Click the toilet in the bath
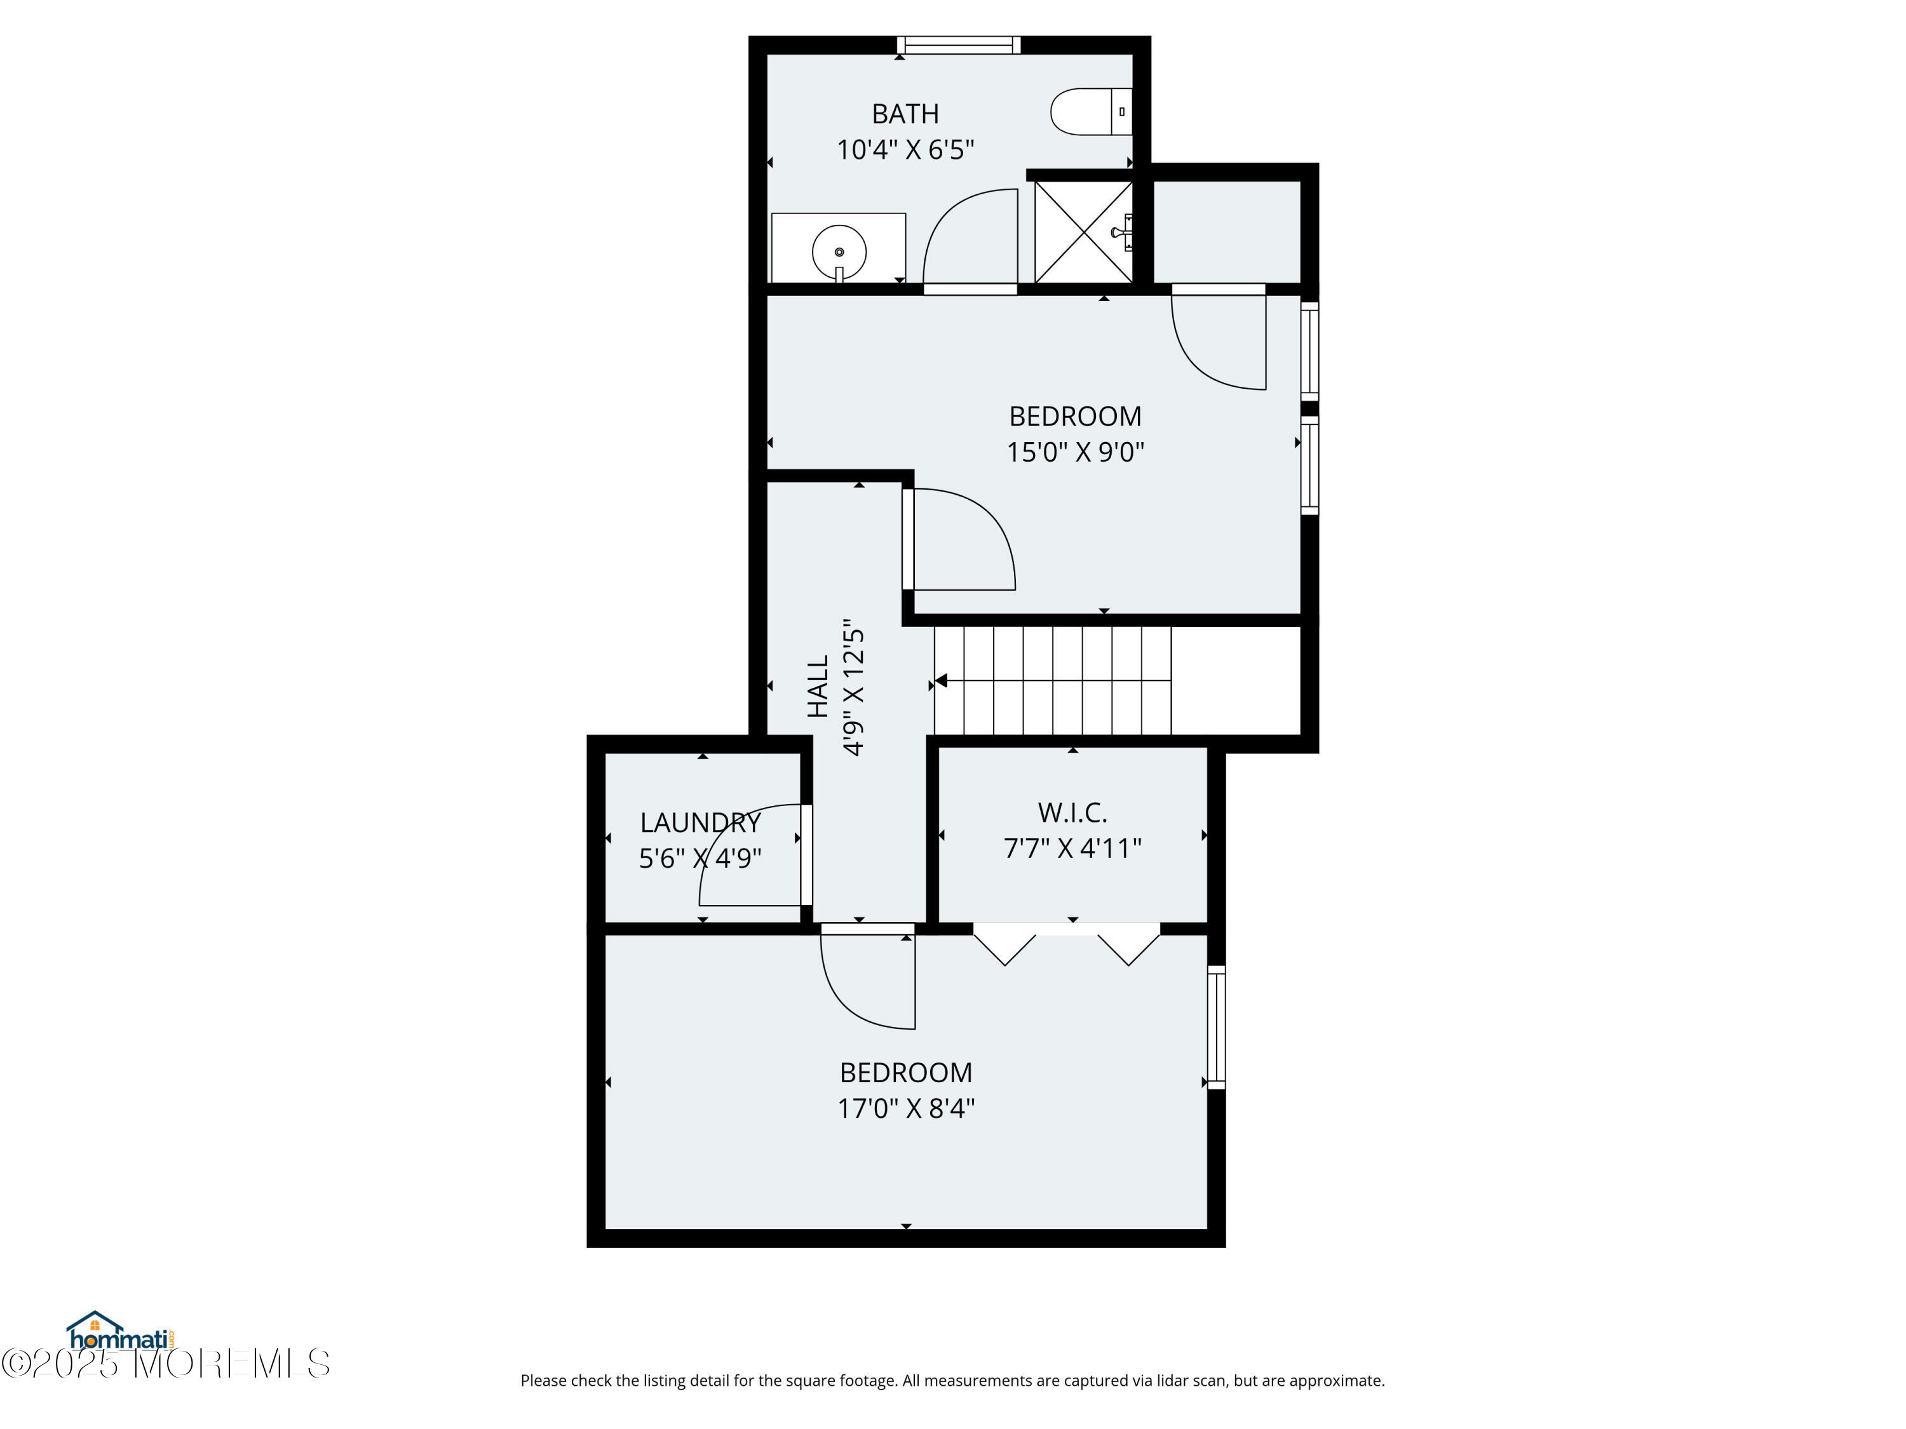[x=1091, y=111]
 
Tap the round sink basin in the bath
[x=839, y=252]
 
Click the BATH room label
[x=905, y=114]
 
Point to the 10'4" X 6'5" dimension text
[x=905, y=150]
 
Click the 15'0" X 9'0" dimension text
[x=1076, y=452]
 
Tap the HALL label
[x=818, y=686]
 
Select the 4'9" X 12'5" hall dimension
[x=853, y=687]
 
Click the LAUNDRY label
[x=701, y=822]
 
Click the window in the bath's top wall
[x=958, y=45]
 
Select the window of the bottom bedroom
[x=1216, y=1027]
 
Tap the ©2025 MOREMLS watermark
[x=165, y=1364]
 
